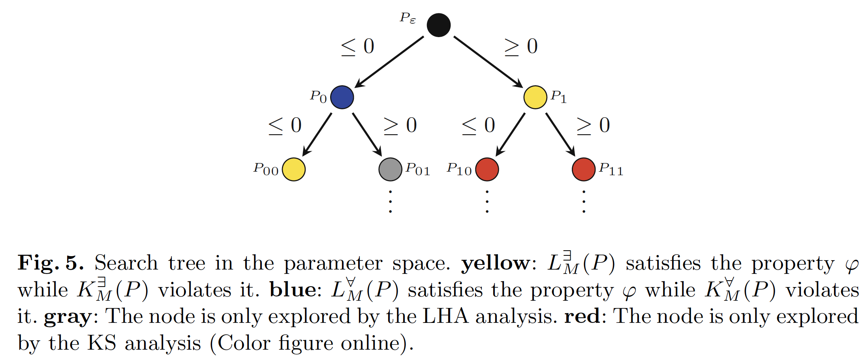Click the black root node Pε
[438, 25]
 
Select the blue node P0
[342, 97]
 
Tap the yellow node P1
[535, 97]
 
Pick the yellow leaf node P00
[293, 169]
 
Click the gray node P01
[390, 169]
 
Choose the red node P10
[487, 169]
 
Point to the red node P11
[583, 169]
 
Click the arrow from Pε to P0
[389, 62]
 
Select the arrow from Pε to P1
[488, 62]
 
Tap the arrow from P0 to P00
[317, 135]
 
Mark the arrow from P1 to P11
[560, 135]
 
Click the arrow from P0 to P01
[367, 135]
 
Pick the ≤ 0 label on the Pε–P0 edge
[357, 47]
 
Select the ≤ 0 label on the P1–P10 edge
[478, 126]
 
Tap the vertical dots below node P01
[390, 202]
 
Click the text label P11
[611, 169]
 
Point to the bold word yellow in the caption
[495, 263]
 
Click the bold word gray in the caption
[68, 317]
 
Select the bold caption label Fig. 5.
[51, 263]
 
